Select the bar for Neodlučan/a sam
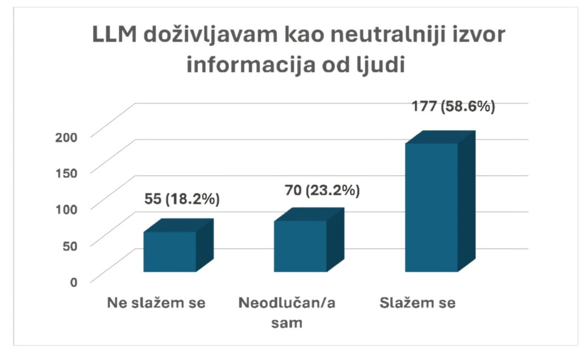click(x=300, y=246)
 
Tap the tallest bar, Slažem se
click(x=431, y=207)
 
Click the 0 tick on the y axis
click(x=74, y=281)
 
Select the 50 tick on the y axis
click(x=70, y=245)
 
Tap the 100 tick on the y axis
click(x=68, y=208)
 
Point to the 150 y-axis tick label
click(x=68, y=172)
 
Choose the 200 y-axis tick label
click(x=68, y=135)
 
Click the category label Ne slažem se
click(x=156, y=303)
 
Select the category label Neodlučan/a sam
click(x=287, y=312)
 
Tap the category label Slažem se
click(x=417, y=303)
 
